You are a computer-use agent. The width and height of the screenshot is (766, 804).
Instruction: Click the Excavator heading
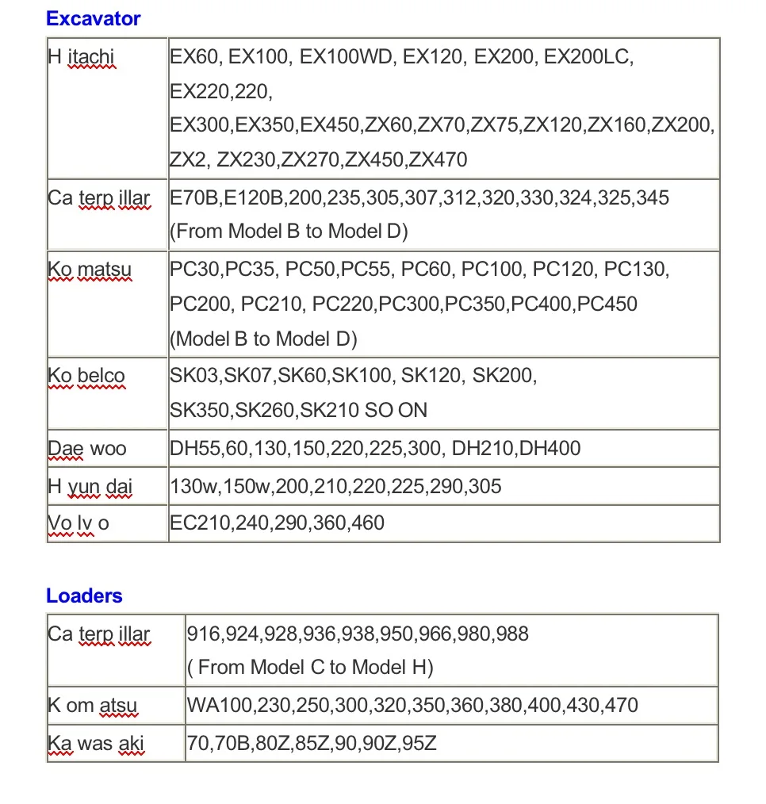[x=93, y=18]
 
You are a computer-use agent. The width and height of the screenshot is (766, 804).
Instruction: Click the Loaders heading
[x=84, y=595]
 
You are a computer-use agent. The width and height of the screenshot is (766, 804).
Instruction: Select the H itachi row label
[x=82, y=58]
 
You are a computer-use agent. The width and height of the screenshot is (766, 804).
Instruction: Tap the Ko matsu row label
[x=90, y=270]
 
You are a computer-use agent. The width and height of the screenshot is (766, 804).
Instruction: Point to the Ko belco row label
[x=86, y=376]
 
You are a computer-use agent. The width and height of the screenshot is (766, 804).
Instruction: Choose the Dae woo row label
[x=87, y=449]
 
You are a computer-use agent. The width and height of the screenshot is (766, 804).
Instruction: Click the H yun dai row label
[x=90, y=485]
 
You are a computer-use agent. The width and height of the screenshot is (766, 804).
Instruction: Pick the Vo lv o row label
[x=79, y=523]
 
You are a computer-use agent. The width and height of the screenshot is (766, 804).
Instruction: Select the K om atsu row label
[x=93, y=704]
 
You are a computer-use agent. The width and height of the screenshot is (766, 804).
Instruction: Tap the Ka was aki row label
[x=96, y=744]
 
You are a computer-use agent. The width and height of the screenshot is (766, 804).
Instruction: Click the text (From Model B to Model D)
[x=289, y=231]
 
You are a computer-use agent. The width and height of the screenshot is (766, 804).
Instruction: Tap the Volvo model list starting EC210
[x=278, y=523]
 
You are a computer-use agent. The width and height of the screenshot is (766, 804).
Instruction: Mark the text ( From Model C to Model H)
[x=310, y=668]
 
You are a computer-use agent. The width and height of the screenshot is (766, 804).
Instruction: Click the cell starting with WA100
[x=412, y=704]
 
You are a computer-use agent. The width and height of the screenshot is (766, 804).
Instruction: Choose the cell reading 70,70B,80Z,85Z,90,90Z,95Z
[x=312, y=744]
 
